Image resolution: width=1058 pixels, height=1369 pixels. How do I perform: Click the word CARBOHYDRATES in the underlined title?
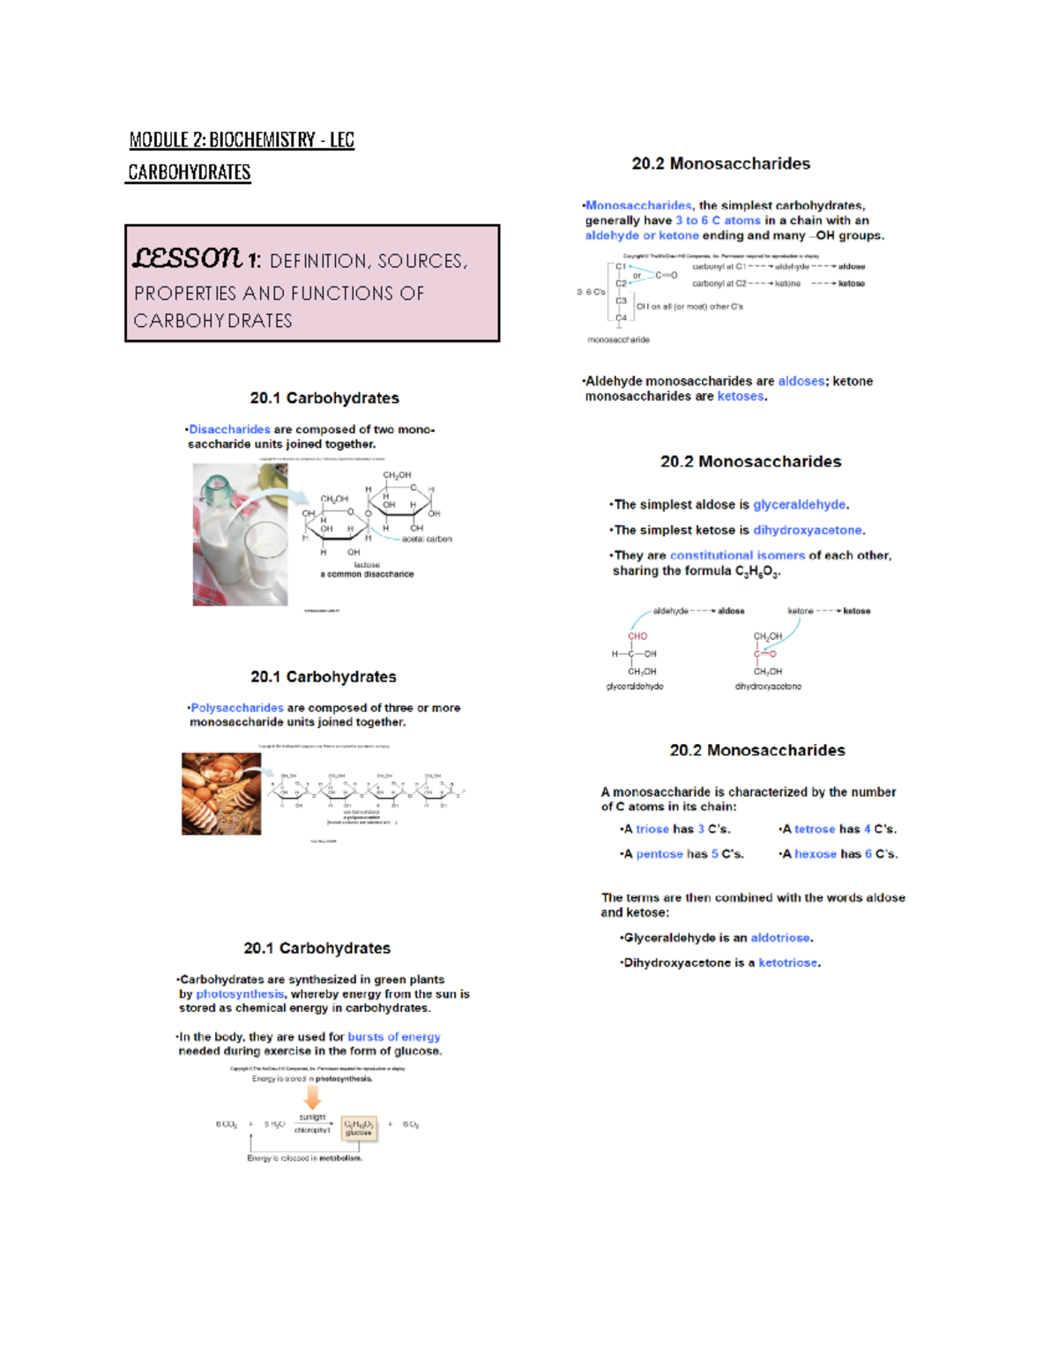pyautogui.click(x=190, y=172)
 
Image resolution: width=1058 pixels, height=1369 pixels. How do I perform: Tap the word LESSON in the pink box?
pyautogui.click(x=187, y=257)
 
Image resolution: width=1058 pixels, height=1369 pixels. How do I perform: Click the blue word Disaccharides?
pyautogui.click(x=229, y=429)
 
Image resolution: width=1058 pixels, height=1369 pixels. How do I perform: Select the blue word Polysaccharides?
pyautogui.click(x=237, y=708)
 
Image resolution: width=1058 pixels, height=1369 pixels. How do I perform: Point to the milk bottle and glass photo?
pyautogui.click(x=240, y=535)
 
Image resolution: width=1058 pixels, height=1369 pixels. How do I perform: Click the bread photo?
pyautogui.click(x=221, y=793)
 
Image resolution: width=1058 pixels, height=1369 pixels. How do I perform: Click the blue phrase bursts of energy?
pyautogui.click(x=394, y=1037)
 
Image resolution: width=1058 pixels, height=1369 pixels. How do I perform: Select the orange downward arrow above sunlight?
pyautogui.click(x=312, y=1097)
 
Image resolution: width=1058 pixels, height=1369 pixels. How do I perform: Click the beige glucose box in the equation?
pyautogui.click(x=359, y=1128)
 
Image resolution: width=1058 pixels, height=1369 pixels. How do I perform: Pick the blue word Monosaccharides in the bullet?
pyautogui.click(x=639, y=205)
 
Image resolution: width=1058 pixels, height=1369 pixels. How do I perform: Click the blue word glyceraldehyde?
pyautogui.click(x=800, y=504)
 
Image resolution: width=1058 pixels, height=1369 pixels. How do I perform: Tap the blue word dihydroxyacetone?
pyautogui.click(x=808, y=530)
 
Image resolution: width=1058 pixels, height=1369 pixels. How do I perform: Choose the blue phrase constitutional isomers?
pyautogui.click(x=737, y=555)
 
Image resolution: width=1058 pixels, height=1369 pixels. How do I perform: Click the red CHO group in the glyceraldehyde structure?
pyautogui.click(x=637, y=636)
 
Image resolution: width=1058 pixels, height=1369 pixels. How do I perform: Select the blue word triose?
pyautogui.click(x=652, y=829)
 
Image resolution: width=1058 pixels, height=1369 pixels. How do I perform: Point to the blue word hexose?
pyautogui.click(x=816, y=853)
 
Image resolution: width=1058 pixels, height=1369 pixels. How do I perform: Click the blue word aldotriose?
pyautogui.click(x=780, y=938)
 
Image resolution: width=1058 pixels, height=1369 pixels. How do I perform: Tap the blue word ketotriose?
pyautogui.click(x=788, y=963)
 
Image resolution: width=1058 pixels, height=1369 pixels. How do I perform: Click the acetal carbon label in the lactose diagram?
pyautogui.click(x=427, y=539)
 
